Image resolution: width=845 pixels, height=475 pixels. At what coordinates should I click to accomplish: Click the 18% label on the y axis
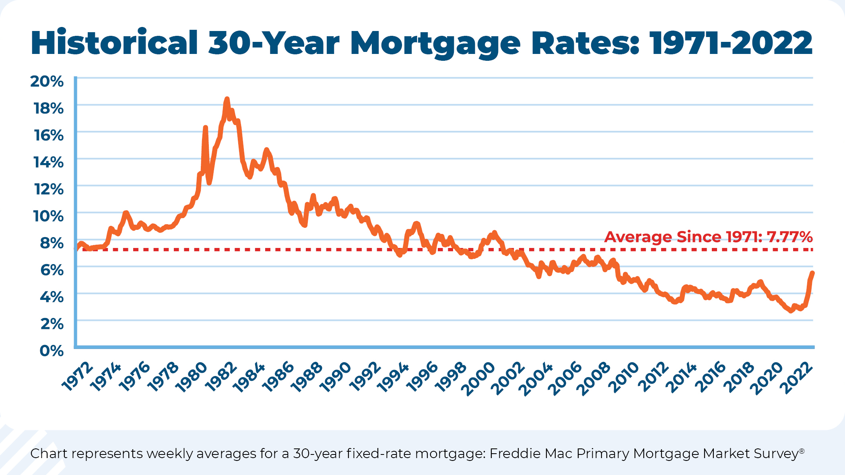pos(49,108)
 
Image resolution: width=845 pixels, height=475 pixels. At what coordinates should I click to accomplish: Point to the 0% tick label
pos(52,351)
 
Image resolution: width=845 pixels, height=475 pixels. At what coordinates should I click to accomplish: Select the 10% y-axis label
pos(48,216)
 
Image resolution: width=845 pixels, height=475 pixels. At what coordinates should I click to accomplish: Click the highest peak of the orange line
pos(227,99)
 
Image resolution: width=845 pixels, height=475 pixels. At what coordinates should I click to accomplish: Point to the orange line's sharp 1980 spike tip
pos(205,128)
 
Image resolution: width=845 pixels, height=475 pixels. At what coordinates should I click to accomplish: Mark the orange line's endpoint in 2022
pos(812,273)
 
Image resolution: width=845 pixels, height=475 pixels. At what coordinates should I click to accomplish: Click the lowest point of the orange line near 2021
pos(791,311)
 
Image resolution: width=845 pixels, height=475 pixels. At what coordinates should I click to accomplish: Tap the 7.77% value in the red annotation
pos(789,237)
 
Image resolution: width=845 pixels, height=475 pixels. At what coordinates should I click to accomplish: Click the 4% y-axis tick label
pos(52,297)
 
